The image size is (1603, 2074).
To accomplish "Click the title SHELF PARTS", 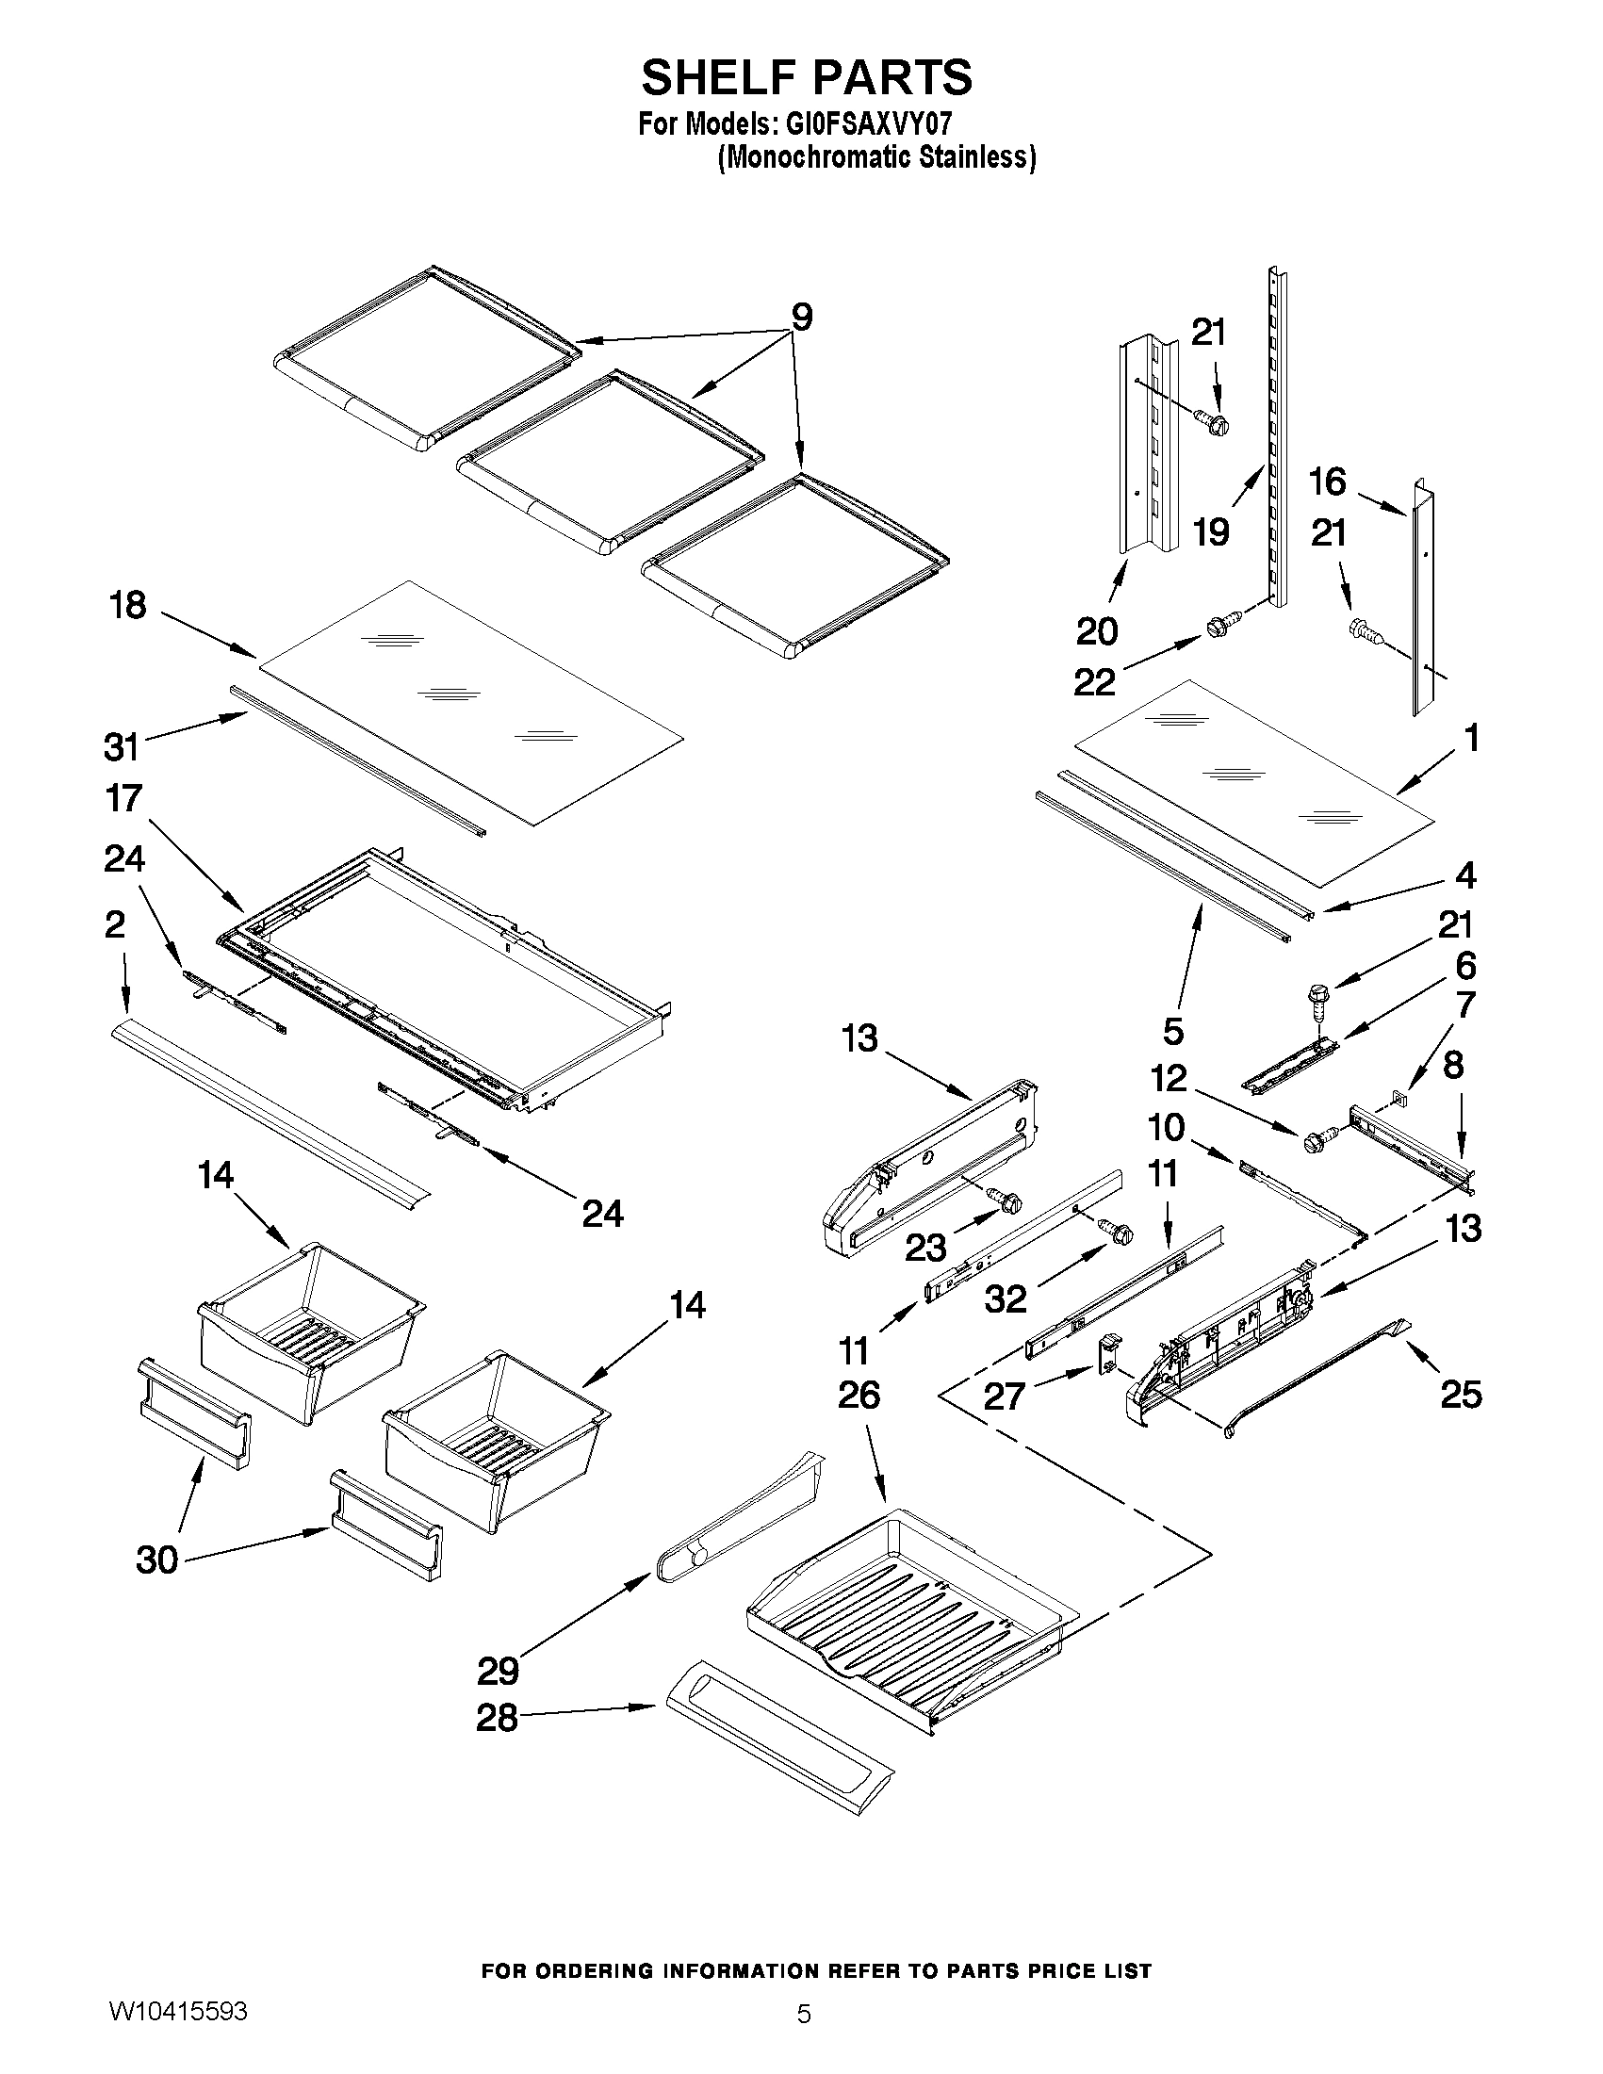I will click(x=807, y=78).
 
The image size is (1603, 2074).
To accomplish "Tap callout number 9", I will click(x=801, y=318).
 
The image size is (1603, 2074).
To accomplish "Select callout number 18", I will click(x=128, y=605).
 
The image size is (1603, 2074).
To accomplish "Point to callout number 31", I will click(x=122, y=747).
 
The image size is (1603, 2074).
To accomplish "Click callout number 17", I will click(x=124, y=799).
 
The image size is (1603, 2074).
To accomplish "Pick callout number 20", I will click(x=1097, y=630).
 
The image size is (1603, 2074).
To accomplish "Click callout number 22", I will click(x=1094, y=682).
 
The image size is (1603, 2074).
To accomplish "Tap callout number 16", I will click(x=1328, y=482).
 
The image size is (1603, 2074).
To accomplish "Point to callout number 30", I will click(x=157, y=1560).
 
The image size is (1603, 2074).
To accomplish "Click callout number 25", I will click(x=1461, y=1395).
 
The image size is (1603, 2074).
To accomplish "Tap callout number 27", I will click(x=1005, y=1396).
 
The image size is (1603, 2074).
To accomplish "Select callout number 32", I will click(x=1006, y=1298).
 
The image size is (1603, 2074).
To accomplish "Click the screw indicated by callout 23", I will click(x=1004, y=1200).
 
